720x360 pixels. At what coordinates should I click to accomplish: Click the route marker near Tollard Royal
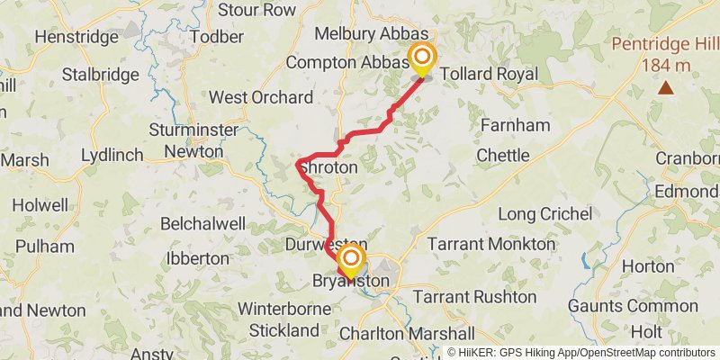click(421, 58)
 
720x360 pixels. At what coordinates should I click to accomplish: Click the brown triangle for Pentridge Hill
click(666, 87)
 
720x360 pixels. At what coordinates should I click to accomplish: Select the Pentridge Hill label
click(666, 54)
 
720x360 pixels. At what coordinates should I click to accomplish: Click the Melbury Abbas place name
click(371, 33)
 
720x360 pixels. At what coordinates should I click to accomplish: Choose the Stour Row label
click(256, 10)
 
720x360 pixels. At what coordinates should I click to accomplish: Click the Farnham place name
click(515, 125)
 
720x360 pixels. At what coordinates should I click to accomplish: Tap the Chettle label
click(502, 156)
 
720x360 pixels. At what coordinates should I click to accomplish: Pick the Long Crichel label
click(545, 214)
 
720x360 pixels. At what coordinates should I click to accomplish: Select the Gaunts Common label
click(640, 306)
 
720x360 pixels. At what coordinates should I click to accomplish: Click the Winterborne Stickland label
click(279, 319)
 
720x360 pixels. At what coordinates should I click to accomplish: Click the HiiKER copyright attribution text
click(581, 353)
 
